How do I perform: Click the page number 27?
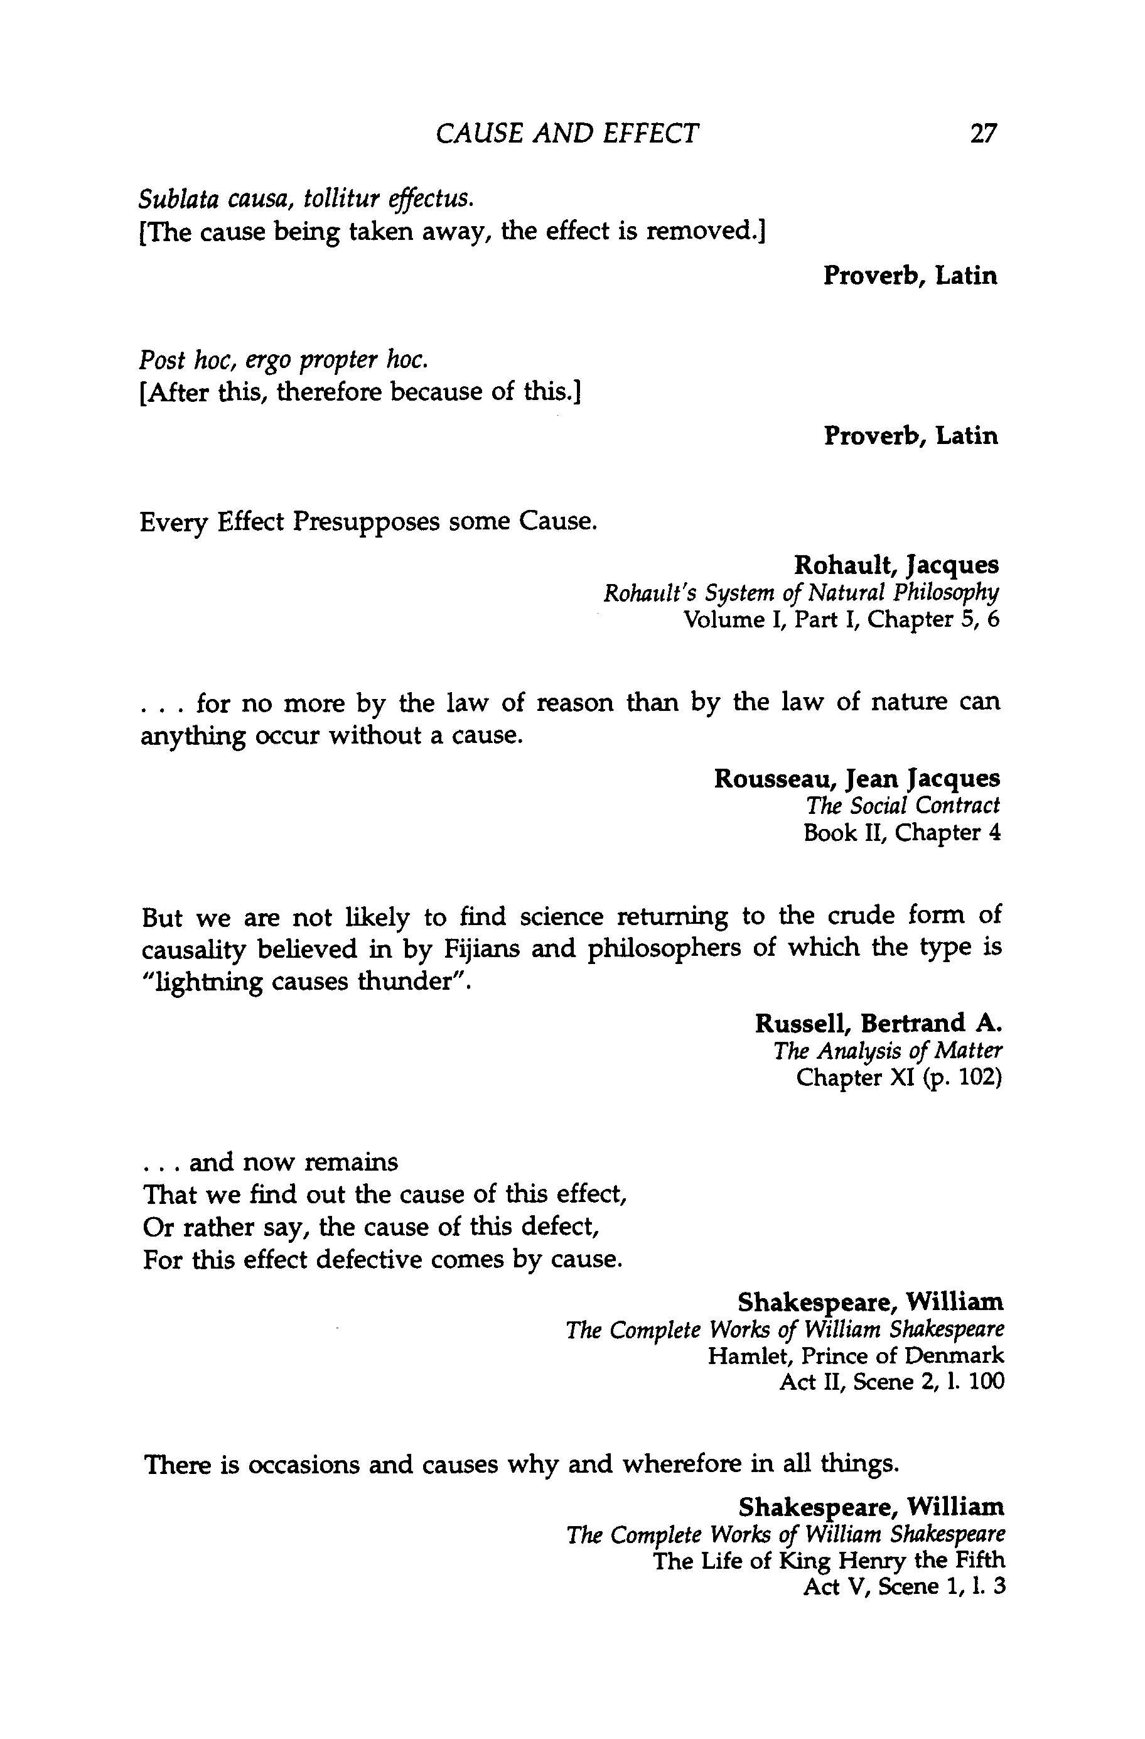point(983,134)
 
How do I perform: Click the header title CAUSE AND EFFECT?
point(567,134)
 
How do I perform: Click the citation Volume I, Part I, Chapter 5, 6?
point(841,620)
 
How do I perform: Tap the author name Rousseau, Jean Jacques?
point(857,779)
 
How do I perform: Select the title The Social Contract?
point(903,806)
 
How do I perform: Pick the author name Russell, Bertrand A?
point(878,1024)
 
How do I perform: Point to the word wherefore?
point(680,1465)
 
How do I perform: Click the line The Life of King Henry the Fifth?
point(829,1561)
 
